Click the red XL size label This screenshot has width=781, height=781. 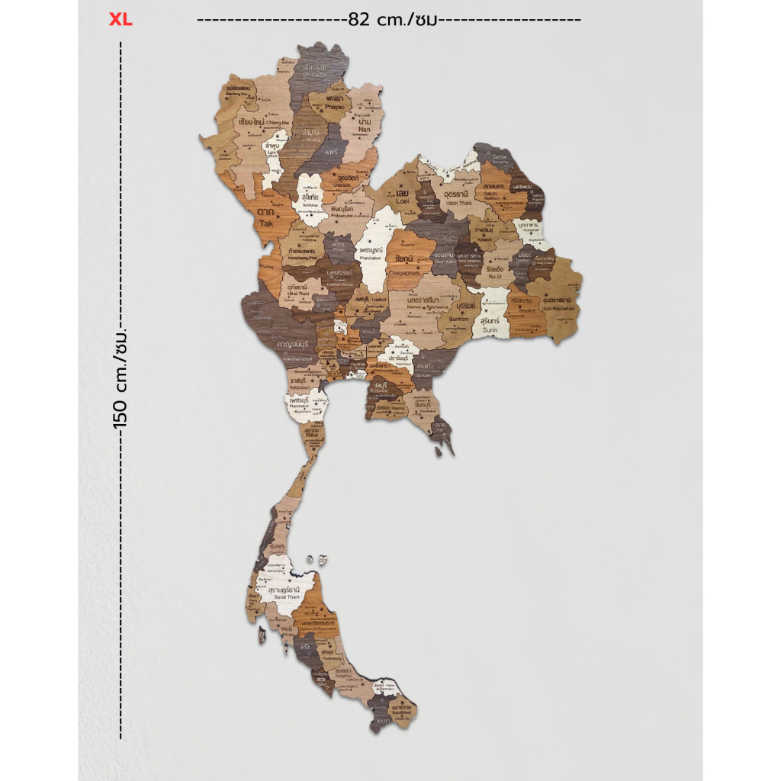pyautogui.click(x=121, y=20)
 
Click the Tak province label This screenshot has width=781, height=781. pyautogui.click(x=265, y=218)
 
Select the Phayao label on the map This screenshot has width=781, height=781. pyautogui.click(x=335, y=104)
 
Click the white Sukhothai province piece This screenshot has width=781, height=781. pyautogui.click(x=310, y=200)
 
